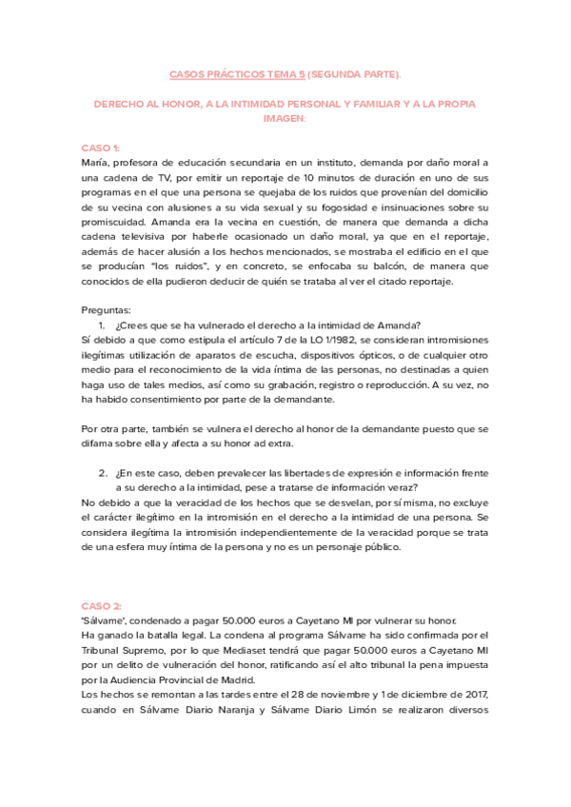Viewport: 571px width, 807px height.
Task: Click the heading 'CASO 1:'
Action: tap(100, 148)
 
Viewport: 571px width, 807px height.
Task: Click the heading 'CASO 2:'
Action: tap(101, 605)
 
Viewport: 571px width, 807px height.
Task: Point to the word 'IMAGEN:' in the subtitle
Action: tap(285, 120)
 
